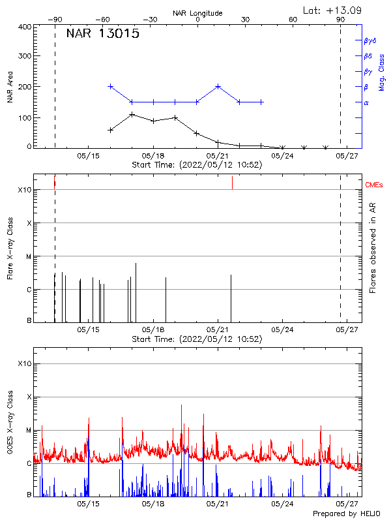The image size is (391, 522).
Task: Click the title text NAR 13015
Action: point(103,35)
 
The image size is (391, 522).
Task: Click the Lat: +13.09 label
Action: point(333,10)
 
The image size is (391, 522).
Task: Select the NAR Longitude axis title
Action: point(197,13)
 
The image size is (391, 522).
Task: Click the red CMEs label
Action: point(375,185)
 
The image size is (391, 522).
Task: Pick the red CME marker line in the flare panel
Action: point(232,183)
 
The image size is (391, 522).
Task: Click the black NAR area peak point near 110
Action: point(132,115)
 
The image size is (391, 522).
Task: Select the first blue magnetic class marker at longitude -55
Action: point(110,86)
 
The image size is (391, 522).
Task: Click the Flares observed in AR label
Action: point(373,247)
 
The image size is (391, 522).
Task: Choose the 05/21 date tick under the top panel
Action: point(218,156)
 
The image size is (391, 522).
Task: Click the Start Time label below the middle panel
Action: point(197,339)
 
